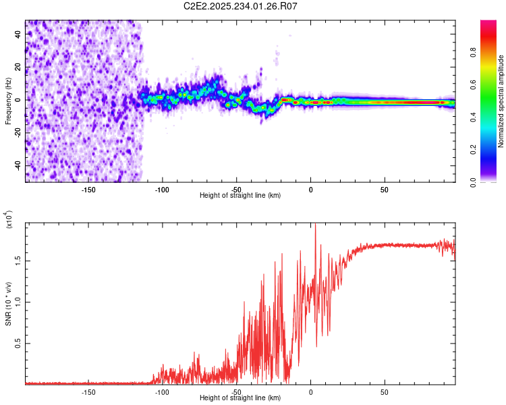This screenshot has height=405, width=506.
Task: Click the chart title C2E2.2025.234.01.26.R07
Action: pos(241,6)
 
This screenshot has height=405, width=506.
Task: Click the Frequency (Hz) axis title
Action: pos(9,101)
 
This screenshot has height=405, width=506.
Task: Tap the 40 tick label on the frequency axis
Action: pos(18,33)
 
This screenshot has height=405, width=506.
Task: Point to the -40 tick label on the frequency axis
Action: pos(18,165)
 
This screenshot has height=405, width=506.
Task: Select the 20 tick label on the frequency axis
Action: pos(18,66)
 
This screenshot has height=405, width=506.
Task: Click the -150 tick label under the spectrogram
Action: pos(88,189)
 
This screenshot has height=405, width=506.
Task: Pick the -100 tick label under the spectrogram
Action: pos(162,189)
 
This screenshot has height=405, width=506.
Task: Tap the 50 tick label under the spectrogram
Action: pos(384,189)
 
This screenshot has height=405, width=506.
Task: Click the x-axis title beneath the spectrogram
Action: pos(240,196)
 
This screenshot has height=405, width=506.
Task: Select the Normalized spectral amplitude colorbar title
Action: pos(501,101)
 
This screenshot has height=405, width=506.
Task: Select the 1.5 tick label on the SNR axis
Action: pos(18,261)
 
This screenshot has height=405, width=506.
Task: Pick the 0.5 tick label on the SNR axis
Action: pos(18,344)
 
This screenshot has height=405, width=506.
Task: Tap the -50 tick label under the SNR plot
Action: pos(236,391)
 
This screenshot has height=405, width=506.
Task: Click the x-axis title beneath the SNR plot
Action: pos(240,398)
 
